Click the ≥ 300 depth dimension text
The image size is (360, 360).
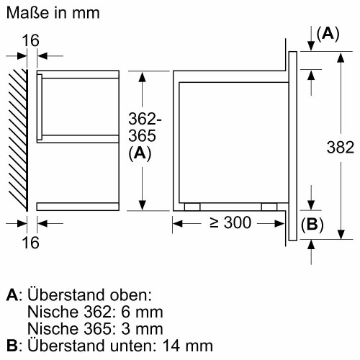coord(227,223)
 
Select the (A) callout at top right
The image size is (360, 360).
coord(328,34)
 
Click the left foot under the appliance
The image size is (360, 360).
coord(192,206)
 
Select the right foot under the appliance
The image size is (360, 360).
coord(269,206)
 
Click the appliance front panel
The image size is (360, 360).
coord(292,144)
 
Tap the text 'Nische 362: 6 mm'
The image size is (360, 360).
coord(94,312)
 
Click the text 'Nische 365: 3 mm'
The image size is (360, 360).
coord(94,328)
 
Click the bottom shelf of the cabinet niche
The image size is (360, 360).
coord(76,206)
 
